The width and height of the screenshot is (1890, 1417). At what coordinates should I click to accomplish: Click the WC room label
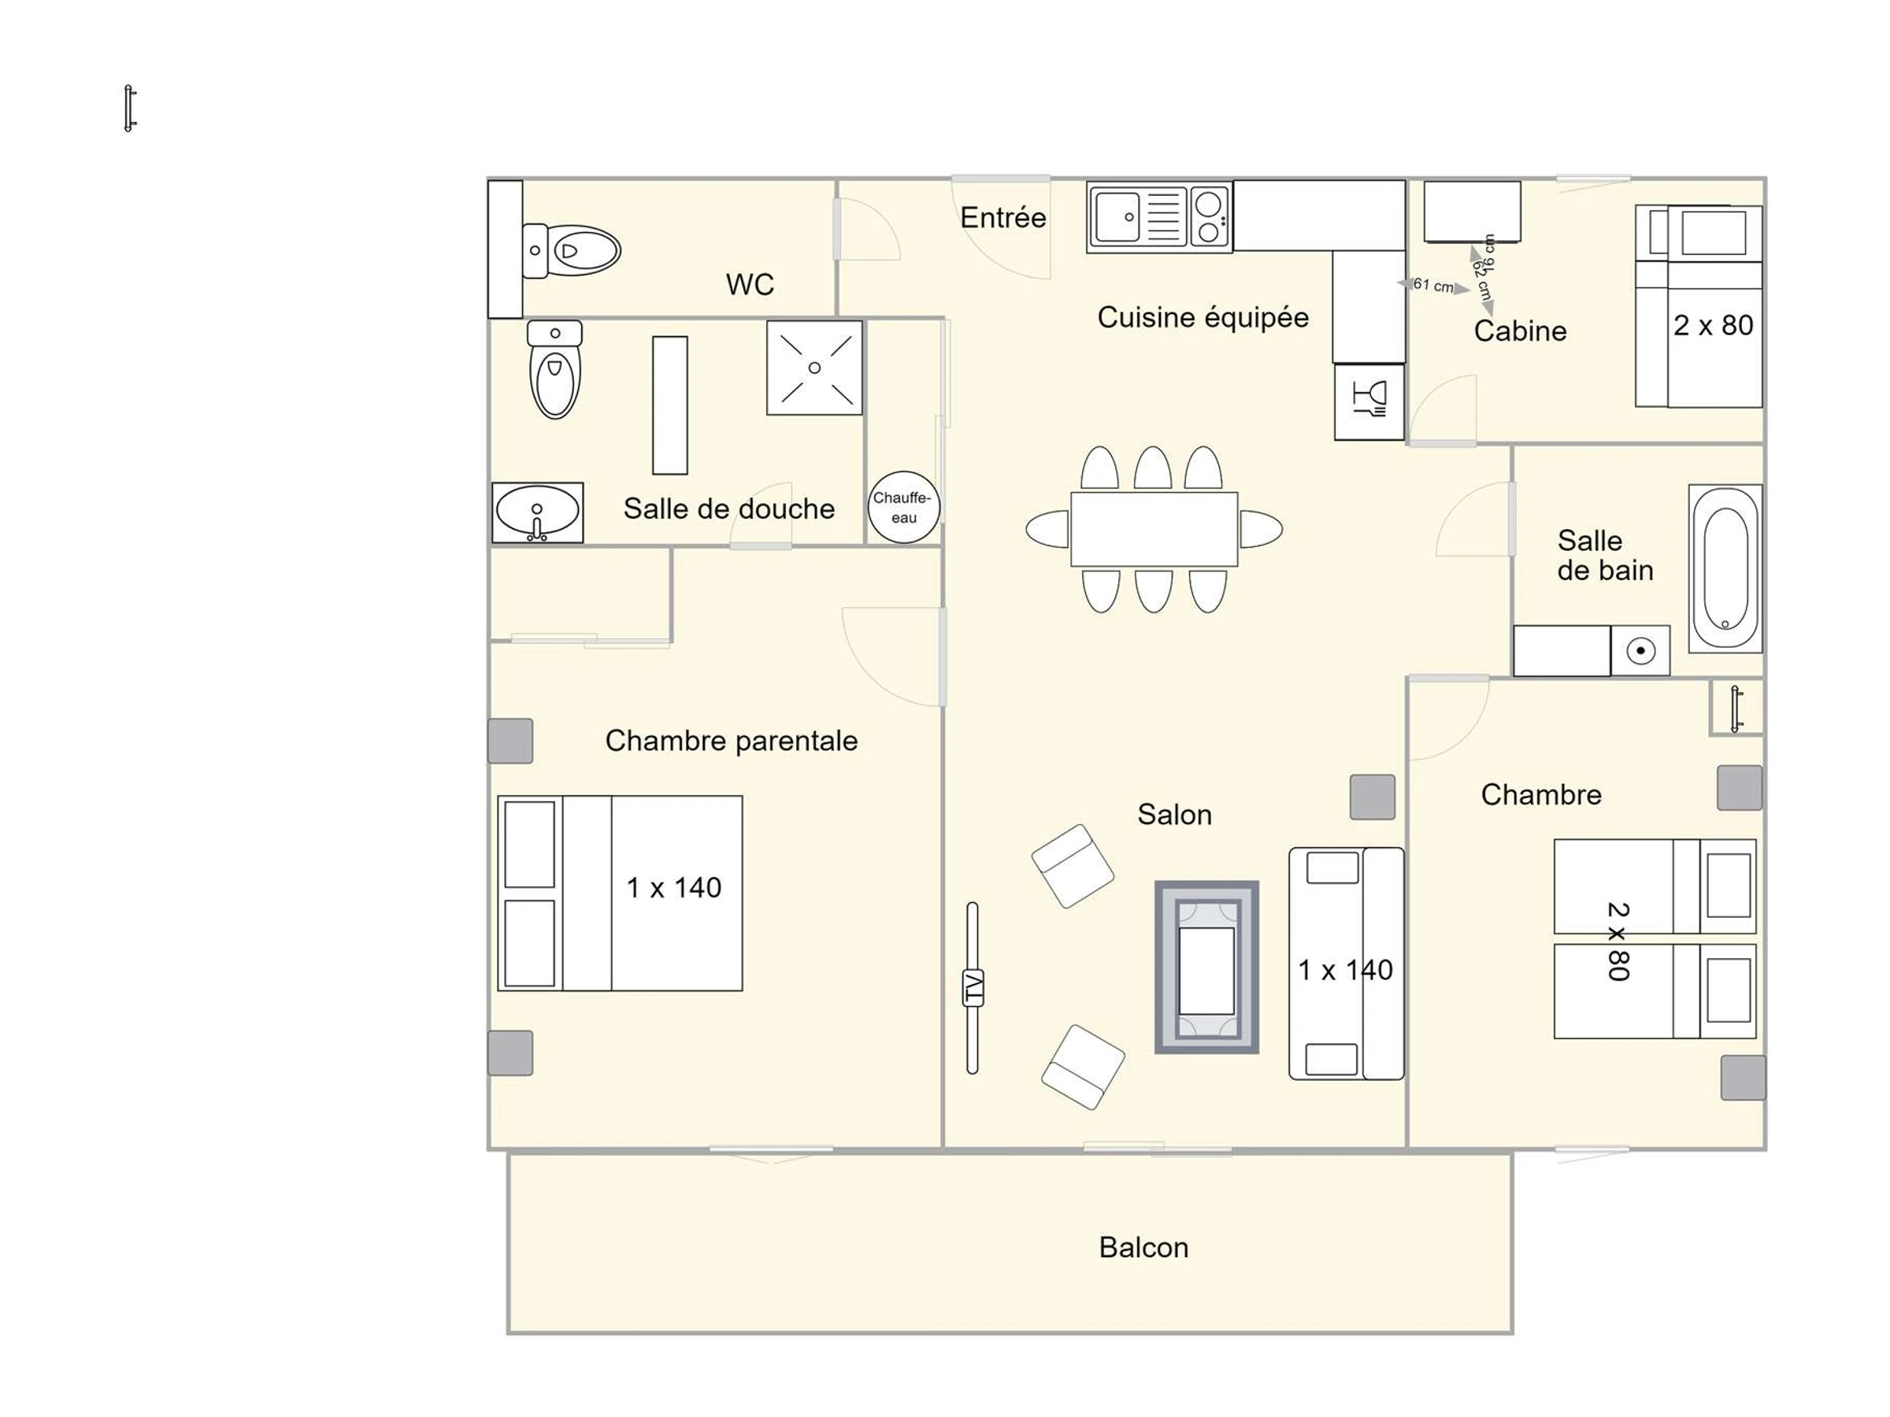pyautogui.click(x=750, y=284)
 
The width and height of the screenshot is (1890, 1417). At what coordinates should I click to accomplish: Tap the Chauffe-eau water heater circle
pyautogui.click(x=904, y=507)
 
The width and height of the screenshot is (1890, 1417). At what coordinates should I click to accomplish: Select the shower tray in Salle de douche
pyautogui.click(x=814, y=368)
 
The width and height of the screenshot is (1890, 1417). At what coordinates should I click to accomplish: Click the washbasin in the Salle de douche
pyautogui.click(x=537, y=512)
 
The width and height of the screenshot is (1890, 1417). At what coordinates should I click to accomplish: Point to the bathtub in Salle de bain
pyautogui.click(x=1725, y=569)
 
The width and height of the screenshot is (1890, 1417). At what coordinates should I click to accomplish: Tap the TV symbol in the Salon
pyautogui.click(x=973, y=987)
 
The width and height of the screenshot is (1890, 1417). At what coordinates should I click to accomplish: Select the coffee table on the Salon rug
pyautogui.click(x=1206, y=971)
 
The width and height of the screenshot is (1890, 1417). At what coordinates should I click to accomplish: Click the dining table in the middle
pyautogui.click(x=1154, y=529)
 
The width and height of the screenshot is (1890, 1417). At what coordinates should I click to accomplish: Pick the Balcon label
pyautogui.click(x=1143, y=1248)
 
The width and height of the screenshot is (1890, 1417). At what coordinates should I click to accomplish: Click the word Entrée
pyautogui.click(x=1003, y=217)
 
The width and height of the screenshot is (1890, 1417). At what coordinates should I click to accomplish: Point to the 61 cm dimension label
pyautogui.click(x=1433, y=284)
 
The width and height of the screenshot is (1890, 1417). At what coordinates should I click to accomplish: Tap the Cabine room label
pyautogui.click(x=1520, y=331)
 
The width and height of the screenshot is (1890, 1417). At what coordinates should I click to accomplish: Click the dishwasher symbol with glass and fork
pyautogui.click(x=1369, y=401)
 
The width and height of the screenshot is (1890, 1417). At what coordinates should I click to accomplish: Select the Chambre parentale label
pyautogui.click(x=732, y=741)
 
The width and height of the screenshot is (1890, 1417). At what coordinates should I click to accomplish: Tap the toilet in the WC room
pyautogui.click(x=571, y=251)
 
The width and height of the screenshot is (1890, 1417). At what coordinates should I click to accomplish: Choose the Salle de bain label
pyautogui.click(x=1605, y=555)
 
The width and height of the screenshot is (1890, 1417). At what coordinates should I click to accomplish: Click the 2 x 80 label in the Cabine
pyautogui.click(x=1713, y=325)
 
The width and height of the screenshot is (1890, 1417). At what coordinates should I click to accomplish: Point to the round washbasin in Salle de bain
pyautogui.click(x=1640, y=652)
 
